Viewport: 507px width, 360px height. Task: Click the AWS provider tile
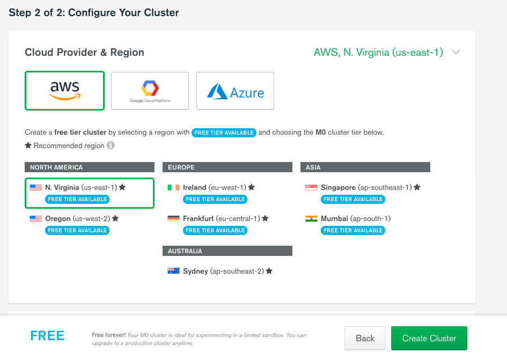point(64,91)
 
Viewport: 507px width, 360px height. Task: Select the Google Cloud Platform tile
point(150,91)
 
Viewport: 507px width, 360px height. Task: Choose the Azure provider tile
point(235,91)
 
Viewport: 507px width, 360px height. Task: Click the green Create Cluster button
point(429,339)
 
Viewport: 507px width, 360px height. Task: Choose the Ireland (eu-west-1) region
point(214,188)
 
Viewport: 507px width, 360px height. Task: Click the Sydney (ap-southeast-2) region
point(223,271)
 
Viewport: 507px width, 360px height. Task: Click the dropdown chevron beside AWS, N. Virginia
point(456,53)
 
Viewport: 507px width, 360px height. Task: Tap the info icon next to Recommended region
point(111,145)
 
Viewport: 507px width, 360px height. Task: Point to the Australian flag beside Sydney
point(173,271)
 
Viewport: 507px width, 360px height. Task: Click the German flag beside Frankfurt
point(173,219)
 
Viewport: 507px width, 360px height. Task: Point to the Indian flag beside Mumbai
point(311,219)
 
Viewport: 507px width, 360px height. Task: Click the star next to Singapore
point(417,187)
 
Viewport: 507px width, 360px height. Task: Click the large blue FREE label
point(47,336)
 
